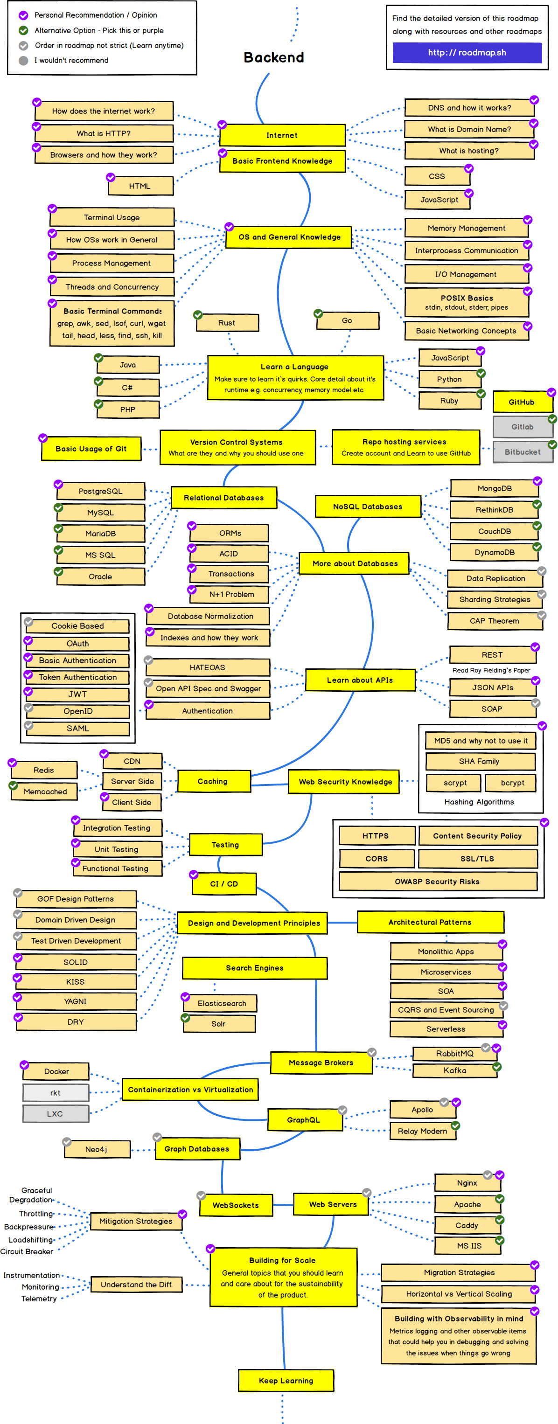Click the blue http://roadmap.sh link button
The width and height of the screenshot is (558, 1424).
(x=467, y=53)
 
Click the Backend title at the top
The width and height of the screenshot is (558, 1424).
(x=274, y=57)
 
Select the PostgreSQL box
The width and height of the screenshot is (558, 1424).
(x=101, y=491)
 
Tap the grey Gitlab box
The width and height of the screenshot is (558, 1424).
(x=522, y=427)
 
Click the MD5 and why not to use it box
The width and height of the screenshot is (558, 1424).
(x=480, y=741)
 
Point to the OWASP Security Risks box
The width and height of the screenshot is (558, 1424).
(x=437, y=881)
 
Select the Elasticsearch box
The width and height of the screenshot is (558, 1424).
(x=221, y=1003)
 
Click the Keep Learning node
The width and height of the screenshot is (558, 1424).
(x=286, y=1380)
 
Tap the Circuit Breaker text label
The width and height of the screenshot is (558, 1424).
(x=27, y=1251)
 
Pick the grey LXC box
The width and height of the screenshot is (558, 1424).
(x=56, y=1113)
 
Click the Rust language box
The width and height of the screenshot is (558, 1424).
(x=227, y=323)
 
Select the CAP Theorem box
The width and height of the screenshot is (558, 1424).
(x=495, y=621)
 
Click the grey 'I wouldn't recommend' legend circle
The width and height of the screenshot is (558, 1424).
(x=23, y=60)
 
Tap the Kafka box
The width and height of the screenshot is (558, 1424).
(x=454, y=1070)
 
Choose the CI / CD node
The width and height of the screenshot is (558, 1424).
(x=224, y=883)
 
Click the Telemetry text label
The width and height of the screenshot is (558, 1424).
(x=39, y=1299)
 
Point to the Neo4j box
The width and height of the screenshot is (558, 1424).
(x=97, y=1149)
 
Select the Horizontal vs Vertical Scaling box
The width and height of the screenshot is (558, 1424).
(x=459, y=1293)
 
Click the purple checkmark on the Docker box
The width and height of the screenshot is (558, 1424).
(x=24, y=1065)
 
